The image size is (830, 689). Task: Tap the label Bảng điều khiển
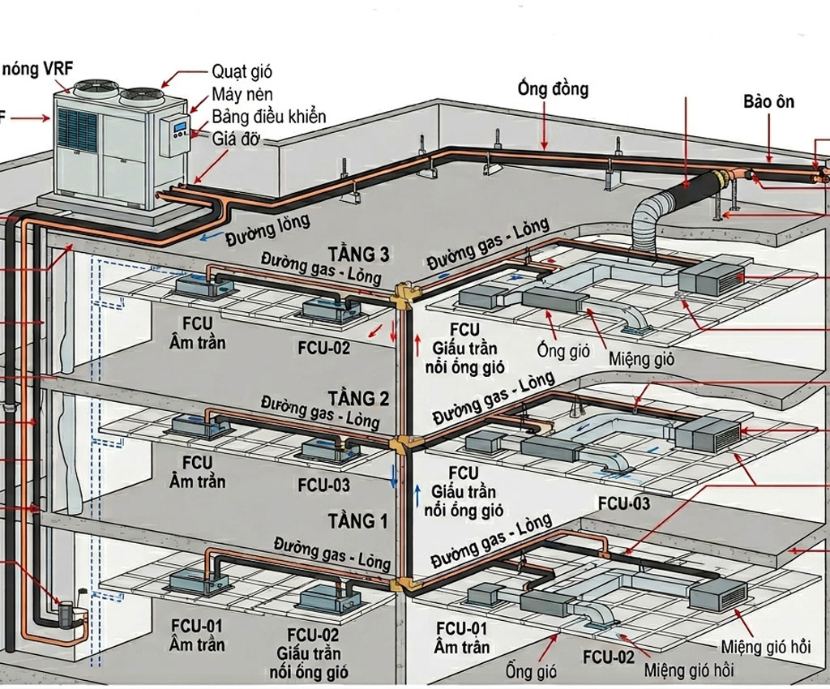268,116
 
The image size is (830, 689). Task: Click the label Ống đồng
553,88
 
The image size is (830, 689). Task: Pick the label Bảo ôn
768,102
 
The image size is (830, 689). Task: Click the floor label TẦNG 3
358,255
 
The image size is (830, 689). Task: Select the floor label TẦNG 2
358,398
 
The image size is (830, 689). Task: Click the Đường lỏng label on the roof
267,231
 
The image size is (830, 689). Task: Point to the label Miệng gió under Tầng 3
642,358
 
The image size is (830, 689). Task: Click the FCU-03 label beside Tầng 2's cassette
324,485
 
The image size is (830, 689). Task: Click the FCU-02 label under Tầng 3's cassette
324,348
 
